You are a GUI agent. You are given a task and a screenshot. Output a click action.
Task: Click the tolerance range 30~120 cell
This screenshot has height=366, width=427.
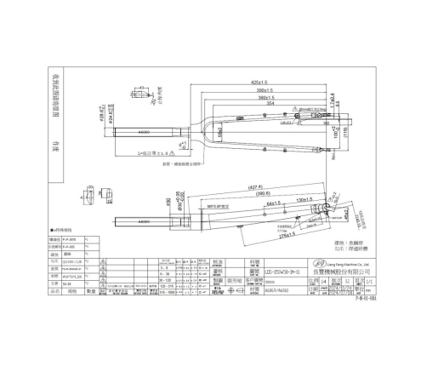click(x=191, y=277)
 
